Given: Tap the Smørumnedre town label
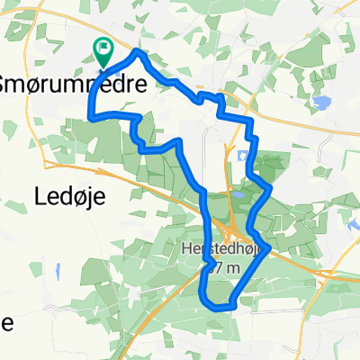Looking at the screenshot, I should (81, 78).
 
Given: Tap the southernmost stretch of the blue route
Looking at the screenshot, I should (221, 306).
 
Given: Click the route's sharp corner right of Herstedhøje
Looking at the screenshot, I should (268, 247).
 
